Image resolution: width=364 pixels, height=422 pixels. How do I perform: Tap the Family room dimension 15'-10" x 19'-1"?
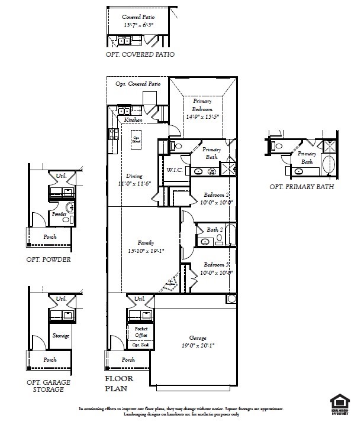(146, 250)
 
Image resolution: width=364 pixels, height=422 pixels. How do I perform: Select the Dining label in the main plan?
(134, 176)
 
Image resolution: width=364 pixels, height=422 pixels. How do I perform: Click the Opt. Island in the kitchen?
(137, 138)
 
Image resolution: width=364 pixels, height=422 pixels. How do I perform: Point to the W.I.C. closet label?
(174, 170)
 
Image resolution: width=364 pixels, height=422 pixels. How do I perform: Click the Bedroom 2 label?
(217, 195)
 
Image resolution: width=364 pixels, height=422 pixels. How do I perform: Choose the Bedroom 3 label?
(217, 265)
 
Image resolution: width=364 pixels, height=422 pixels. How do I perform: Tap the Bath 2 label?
(214, 229)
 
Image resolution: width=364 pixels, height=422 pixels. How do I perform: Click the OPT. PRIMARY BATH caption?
(301, 187)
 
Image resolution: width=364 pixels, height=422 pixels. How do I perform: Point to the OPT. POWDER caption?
(49, 259)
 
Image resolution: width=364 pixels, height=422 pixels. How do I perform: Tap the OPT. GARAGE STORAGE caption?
(49, 387)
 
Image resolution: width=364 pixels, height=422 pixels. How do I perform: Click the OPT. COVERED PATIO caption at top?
(140, 54)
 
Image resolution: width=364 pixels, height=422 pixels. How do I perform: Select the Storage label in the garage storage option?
(61, 336)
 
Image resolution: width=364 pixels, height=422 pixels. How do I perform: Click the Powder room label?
(59, 215)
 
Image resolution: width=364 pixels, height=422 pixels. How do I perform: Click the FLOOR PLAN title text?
(119, 384)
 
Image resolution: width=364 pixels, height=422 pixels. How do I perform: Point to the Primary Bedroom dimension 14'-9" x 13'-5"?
(202, 117)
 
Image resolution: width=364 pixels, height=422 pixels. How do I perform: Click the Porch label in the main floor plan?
(128, 359)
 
